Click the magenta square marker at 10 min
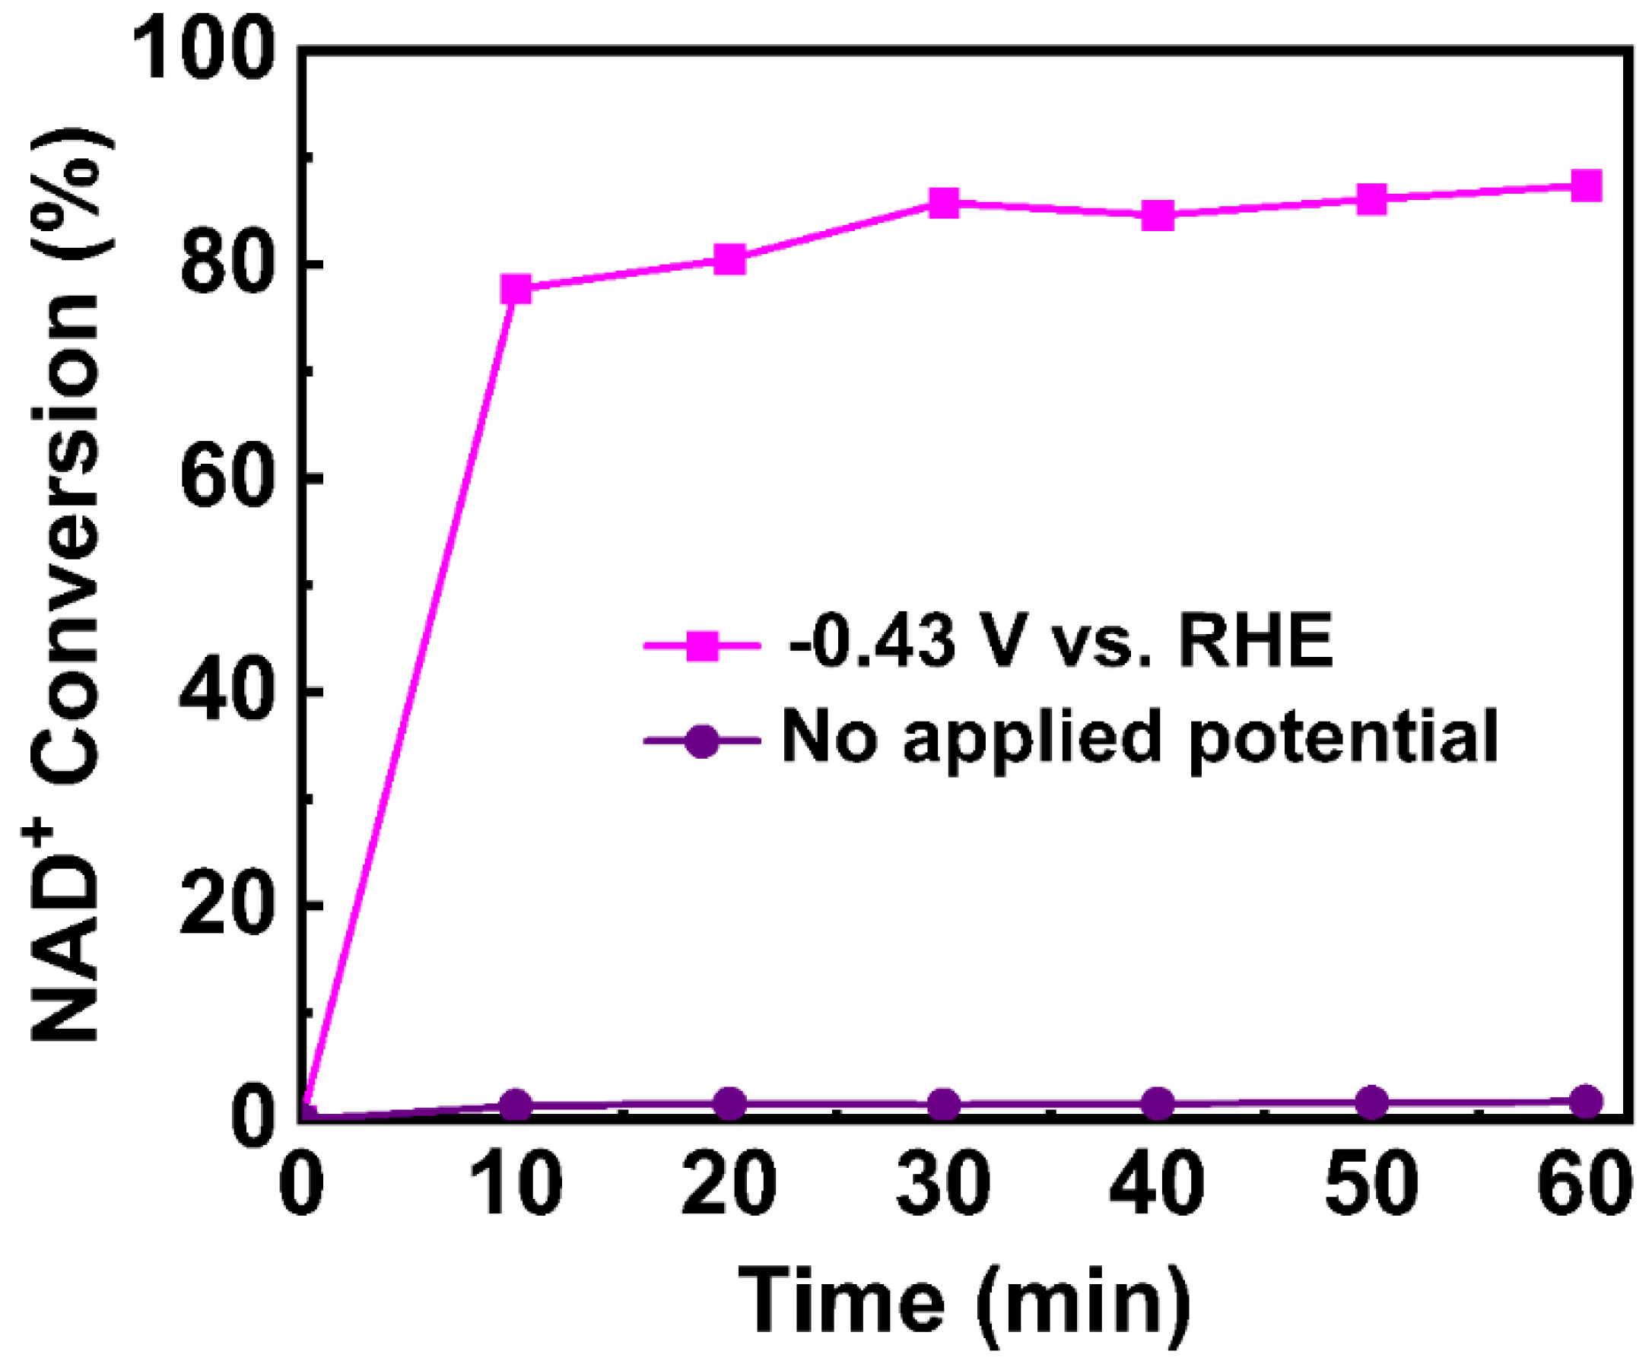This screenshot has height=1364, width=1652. pyautogui.click(x=516, y=289)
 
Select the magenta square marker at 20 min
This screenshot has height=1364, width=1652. pyautogui.click(x=730, y=259)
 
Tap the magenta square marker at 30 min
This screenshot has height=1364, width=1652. pyautogui.click(x=944, y=204)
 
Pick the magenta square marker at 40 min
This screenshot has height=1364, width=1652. pyautogui.click(x=1158, y=215)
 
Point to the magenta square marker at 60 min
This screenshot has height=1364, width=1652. pyautogui.click(x=1586, y=186)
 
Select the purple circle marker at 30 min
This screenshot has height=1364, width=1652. pyautogui.click(x=944, y=1105)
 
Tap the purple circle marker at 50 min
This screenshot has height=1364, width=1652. pyautogui.click(x=1371, y=1103)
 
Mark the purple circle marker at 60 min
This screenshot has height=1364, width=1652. pyautogui.click(x=1586, y=1102)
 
